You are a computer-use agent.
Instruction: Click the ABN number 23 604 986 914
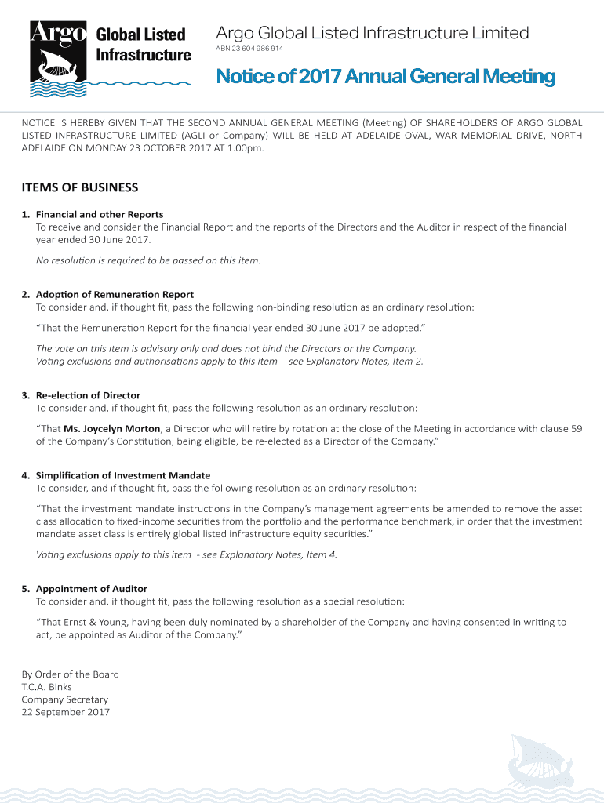(249, 49)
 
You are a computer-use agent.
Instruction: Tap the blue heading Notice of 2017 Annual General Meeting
(385, 78)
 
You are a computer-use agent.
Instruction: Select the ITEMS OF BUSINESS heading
(79, 187)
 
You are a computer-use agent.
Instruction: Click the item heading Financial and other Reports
(100, 214)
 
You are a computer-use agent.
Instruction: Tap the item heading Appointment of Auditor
(92, 588)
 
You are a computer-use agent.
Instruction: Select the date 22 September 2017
(66, 713)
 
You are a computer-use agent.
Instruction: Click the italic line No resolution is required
(148, 260)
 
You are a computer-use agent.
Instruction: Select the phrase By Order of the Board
(71, 674)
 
